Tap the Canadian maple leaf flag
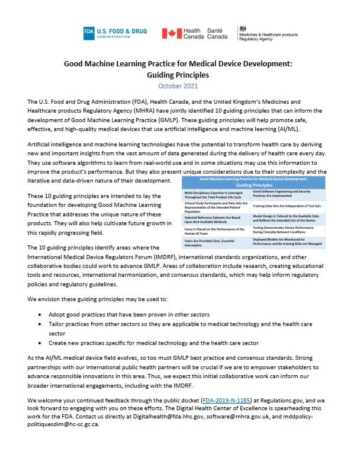(172, 33)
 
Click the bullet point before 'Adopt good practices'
(40, 311)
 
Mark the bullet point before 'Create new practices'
(40, 343)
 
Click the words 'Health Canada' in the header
(193, 33)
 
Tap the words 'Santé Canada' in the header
(217, 33)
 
